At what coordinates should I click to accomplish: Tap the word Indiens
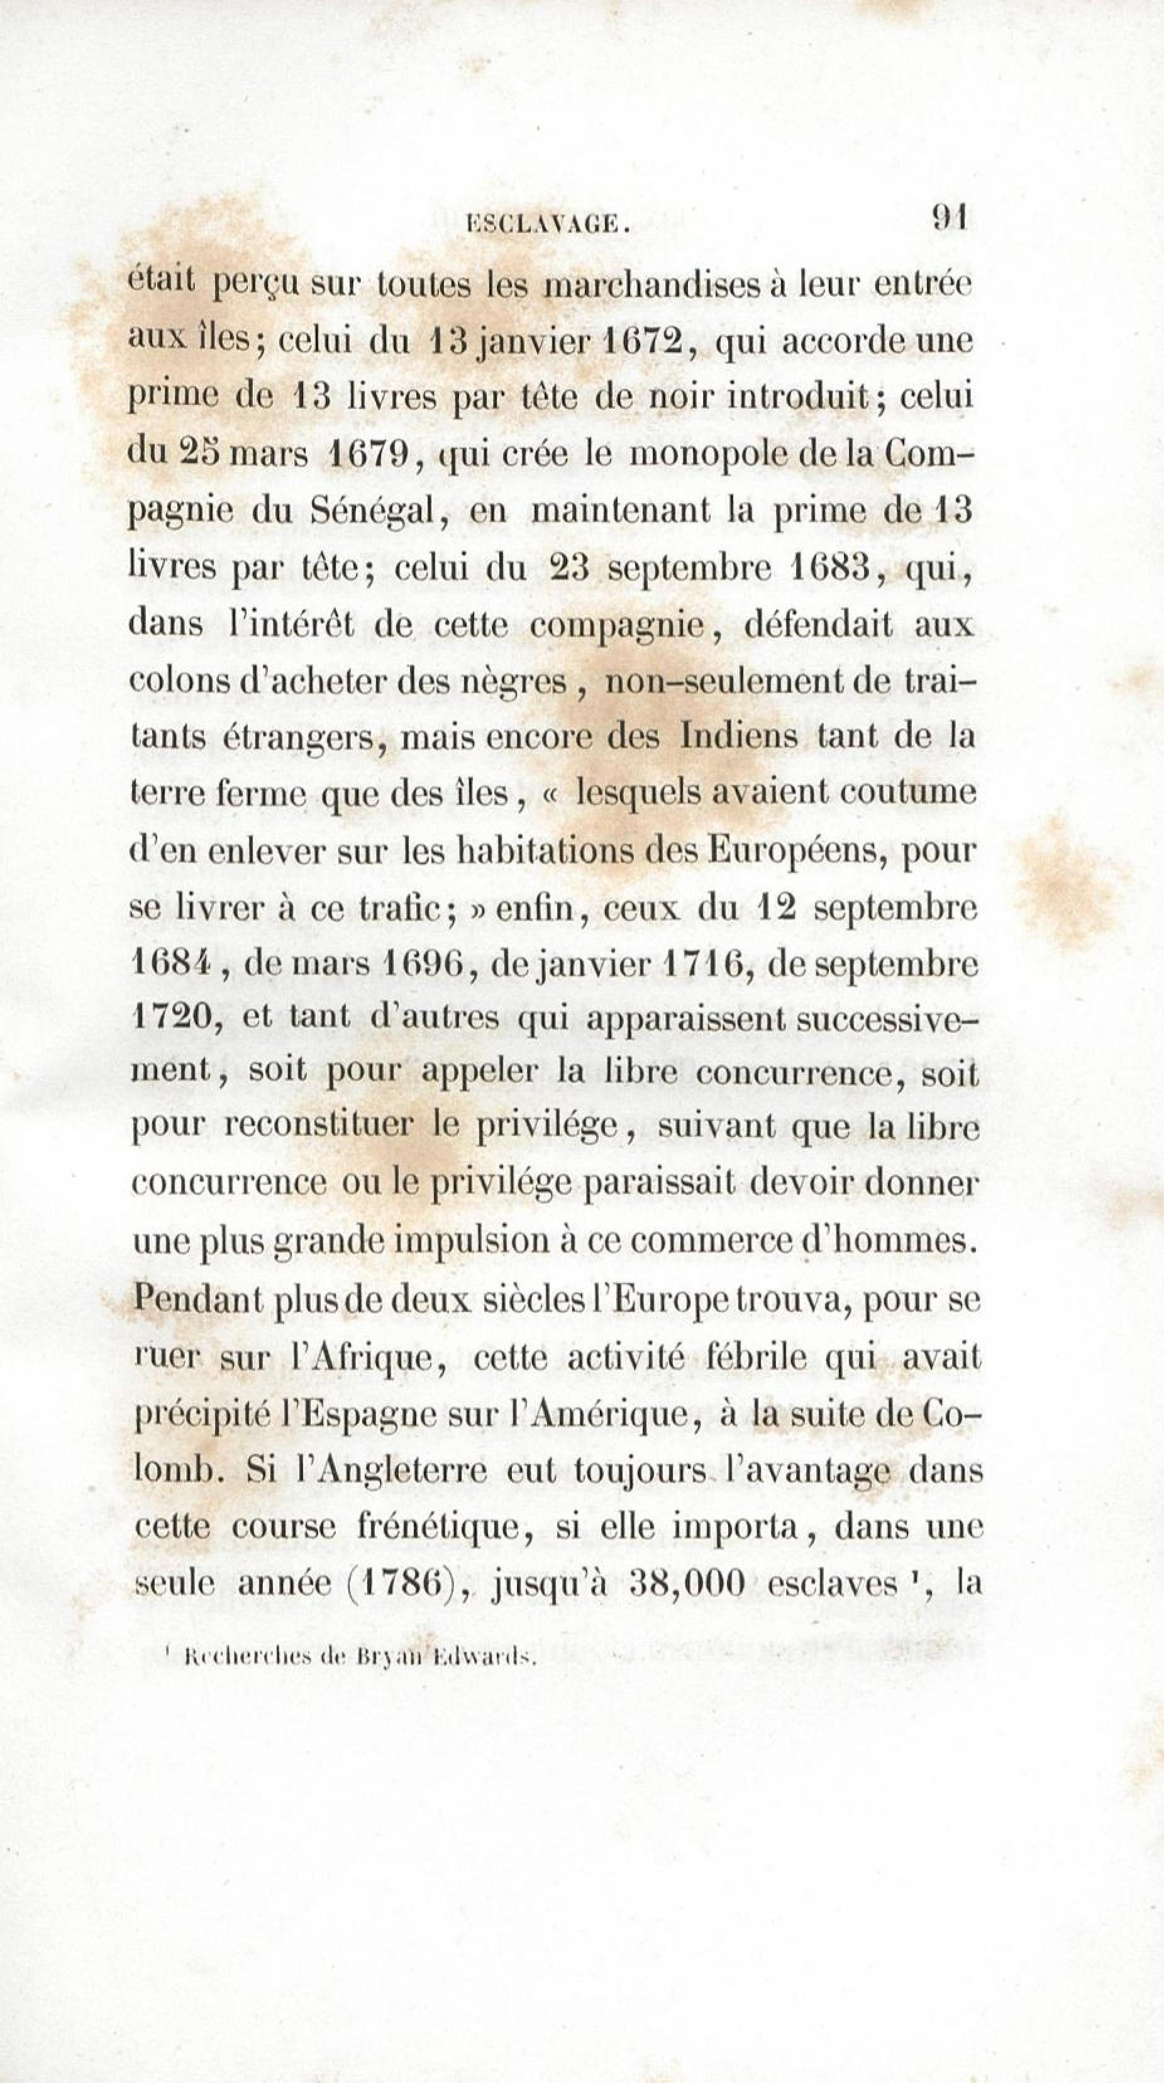click(x=739, y=736)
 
